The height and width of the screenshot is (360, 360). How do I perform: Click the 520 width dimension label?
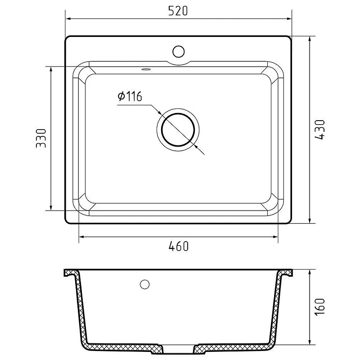coord(178,11)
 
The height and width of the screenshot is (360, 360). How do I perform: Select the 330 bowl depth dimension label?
coord(41,138)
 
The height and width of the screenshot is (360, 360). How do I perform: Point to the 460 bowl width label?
coord(178,246)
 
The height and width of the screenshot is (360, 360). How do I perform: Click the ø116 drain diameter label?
coord(130,96)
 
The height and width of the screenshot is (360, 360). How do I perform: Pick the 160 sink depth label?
coord(319,307)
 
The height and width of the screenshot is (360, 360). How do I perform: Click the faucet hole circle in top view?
coord(178,51)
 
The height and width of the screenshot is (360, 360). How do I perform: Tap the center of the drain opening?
coord(178,130)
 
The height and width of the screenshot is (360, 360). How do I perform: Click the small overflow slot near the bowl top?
coord(145,69)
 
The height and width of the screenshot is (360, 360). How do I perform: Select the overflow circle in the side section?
coord(144,284)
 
